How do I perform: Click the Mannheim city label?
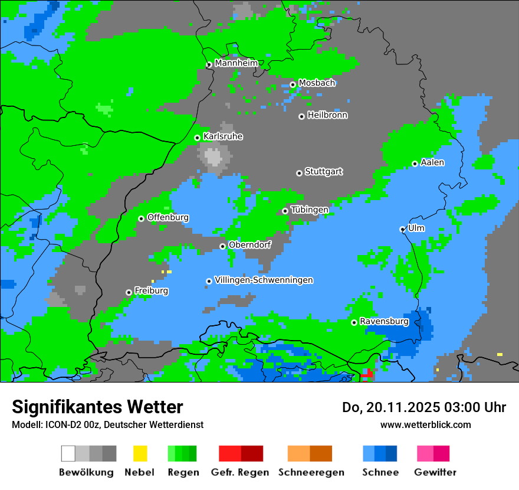(x=236, y=63)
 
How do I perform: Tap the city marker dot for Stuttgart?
(x=299, y=173)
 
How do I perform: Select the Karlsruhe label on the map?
(x=223, y=136)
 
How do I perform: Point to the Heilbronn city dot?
(x=301, y=116)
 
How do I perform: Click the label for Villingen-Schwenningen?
(x=264, y=280)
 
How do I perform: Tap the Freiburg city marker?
(x=129, y=292)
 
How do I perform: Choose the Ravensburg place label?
(x=384, y=322)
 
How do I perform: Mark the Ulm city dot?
(x=402, y=229)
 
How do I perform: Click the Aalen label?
(x=432, y=162)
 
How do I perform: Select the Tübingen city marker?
(x=285, y=211)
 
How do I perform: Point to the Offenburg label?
(x=168, y=217)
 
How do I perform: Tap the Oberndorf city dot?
(x=222, y=246)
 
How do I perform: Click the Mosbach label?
(x=317, y=83)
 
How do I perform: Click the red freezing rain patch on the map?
(x=366, y=374)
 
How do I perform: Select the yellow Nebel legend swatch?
(x=140, y=453)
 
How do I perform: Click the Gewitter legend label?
(x=435, y=472)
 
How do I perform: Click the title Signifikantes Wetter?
(x=97, y=407)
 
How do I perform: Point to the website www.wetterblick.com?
(x=425, y=424)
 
